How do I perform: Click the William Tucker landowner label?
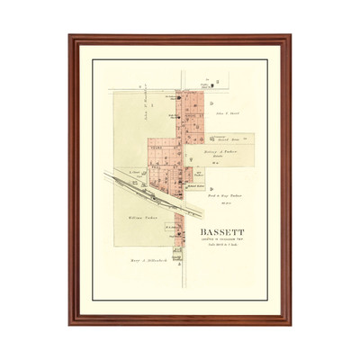[132, 219]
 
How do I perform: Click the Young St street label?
[166, 141]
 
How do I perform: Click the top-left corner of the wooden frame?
[70, 36]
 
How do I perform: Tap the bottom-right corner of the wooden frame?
[290, 323]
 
